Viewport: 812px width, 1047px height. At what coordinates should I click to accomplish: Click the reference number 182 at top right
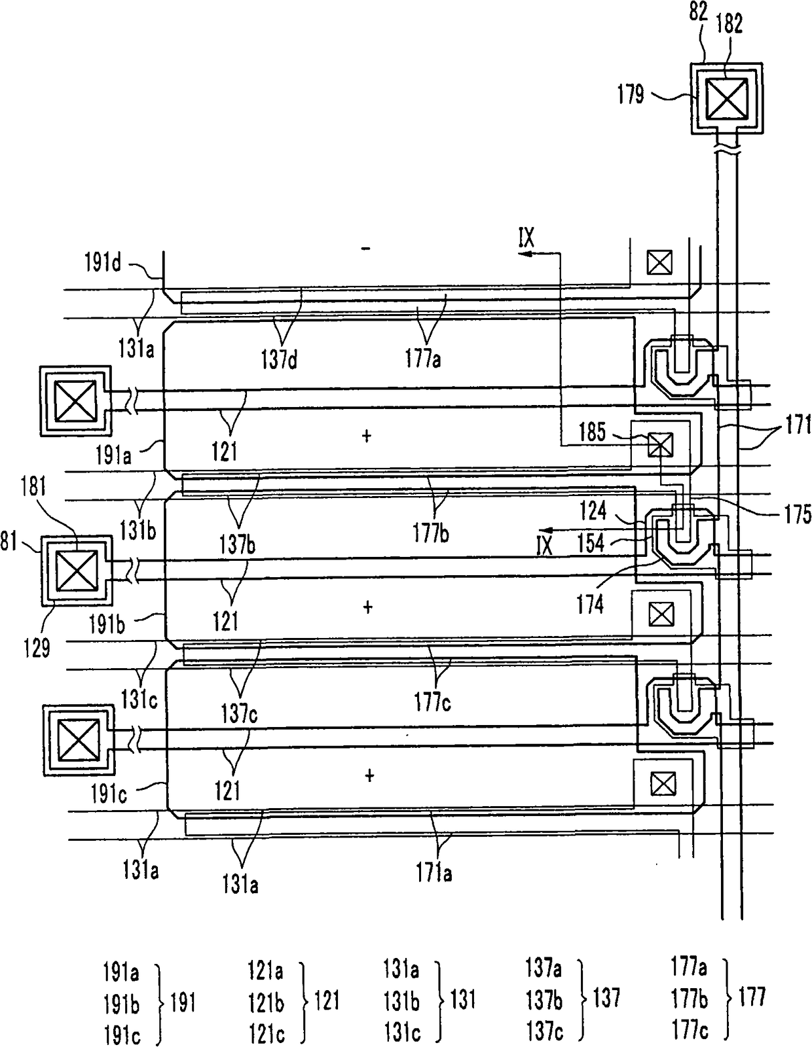click(729, 24)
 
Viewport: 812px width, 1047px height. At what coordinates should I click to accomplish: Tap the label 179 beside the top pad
click(631, 94)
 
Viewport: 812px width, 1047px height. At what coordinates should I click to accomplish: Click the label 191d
click(103, 263)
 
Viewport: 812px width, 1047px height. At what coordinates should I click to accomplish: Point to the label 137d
click(279, 359)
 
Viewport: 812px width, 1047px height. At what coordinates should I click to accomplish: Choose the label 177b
click(431, 533)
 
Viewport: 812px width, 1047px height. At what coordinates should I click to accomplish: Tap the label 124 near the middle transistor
click(593, 510)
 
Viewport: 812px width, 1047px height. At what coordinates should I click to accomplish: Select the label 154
click(591, 544)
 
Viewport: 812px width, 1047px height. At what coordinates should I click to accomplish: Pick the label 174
click(590, 605)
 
